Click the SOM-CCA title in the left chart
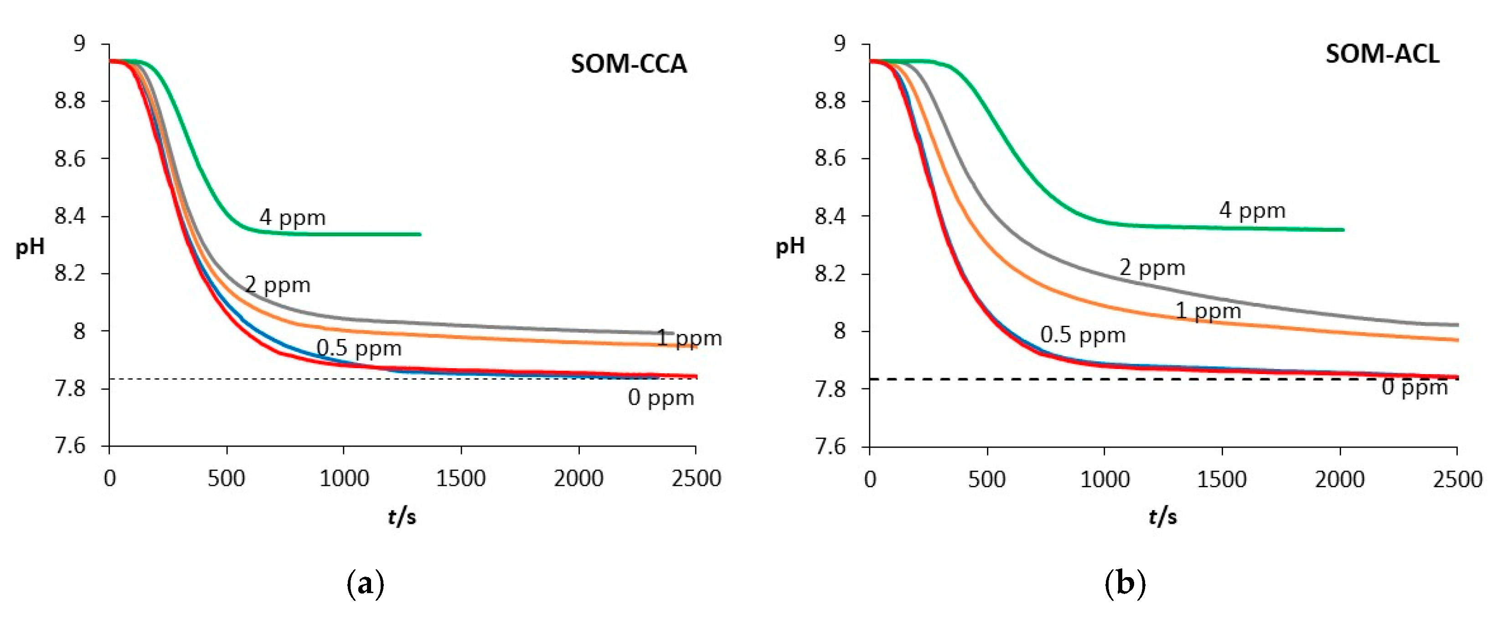(x=629, y=64)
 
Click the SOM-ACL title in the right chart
(x=1382, y=54)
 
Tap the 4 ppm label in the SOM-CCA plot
(x=293, y=218)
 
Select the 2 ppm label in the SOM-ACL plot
(x=1152, y=268)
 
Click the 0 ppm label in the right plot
(x=1415, y=387)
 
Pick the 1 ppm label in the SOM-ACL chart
(x=1208, y=312)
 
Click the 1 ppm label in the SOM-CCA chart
(x=689, y=339)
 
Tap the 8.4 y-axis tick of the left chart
(x=69, y=216)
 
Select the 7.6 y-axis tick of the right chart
(x=830, y=447)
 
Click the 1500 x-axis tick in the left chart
(x=460, y=479)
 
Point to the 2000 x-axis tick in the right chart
(x=1339, y=480)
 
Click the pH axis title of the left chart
(x=30, y=247)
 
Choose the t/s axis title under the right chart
(x=1162, y=516)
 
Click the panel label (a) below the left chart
(x=365, y=584)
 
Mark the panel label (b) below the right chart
(x=1125, y=584)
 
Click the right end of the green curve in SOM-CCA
(x=419, y=234)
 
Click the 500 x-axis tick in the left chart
(x=226, y=479)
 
